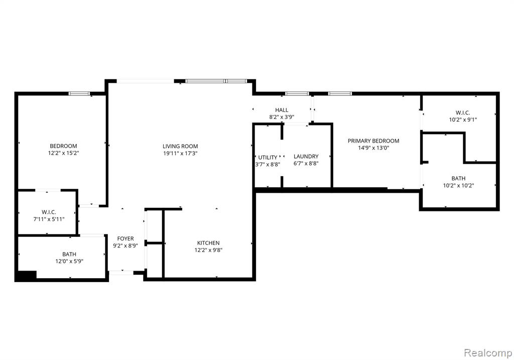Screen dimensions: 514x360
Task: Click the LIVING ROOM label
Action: click(180, 146)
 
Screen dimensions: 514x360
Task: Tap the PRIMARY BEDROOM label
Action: click(373, 141)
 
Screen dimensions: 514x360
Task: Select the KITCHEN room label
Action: click(208, 243)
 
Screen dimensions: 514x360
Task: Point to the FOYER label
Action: click(125, 238)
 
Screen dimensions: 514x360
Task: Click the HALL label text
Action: click(282, 110)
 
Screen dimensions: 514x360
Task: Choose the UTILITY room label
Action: click(268, 157)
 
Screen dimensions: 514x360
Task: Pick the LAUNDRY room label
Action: click(306, 156)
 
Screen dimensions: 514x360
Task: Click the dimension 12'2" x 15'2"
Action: click(64, 153)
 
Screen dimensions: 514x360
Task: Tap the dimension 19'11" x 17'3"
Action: click(180, 153)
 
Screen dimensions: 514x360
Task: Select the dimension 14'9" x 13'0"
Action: click(373, 148)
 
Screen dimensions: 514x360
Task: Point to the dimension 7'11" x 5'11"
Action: click(49, 219)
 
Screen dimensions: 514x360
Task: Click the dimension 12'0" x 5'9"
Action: click(69, 261)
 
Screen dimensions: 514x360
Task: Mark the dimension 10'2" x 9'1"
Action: click(463, 119)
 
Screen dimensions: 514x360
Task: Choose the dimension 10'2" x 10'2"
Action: click(458, 186)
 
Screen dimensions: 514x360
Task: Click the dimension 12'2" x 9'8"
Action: click(208, 250)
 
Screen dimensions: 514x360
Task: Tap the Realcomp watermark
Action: click(488, 353)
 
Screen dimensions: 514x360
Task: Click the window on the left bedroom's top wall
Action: click(79, 94)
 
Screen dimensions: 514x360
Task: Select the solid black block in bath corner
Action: click(26, 276)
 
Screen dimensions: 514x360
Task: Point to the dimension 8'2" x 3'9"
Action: click(282, 117)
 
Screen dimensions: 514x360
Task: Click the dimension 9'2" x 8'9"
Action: click(125, 246)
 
